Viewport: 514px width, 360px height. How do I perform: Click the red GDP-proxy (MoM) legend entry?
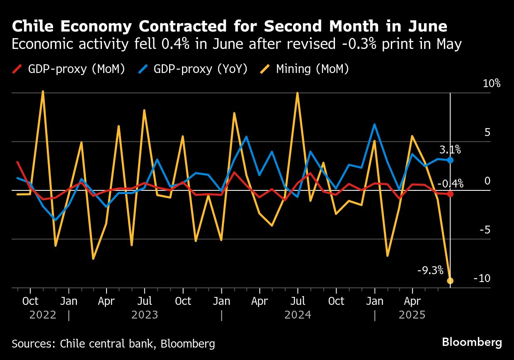coord(68,68)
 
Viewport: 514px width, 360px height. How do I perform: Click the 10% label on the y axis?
coord(492,83)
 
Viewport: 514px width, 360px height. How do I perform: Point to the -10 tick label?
coord(482,278)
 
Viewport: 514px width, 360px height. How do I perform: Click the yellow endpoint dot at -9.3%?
coord(450,281)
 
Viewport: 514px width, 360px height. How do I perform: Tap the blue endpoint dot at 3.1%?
coord(450,160)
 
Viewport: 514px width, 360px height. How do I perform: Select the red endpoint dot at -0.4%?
coord(450,194)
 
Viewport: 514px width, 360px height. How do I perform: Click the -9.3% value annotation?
coord(430,271)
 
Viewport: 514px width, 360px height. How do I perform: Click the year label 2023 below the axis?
coord(145,315)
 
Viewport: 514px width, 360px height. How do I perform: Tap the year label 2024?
coord(298,315)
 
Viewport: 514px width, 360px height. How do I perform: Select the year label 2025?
coord(412,315)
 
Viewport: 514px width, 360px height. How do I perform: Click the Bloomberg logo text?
coord(472,342)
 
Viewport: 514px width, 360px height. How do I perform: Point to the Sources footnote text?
coord(113,343)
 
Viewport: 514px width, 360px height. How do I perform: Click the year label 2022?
coord(43,315)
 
